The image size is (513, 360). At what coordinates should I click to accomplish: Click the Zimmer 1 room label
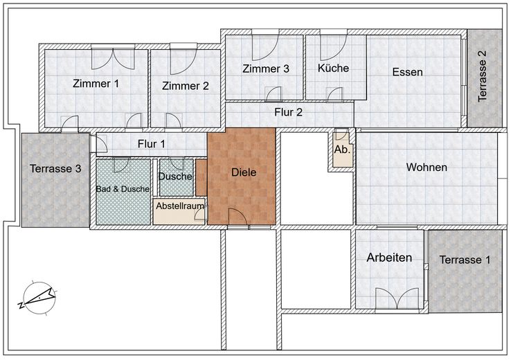click(96, 84)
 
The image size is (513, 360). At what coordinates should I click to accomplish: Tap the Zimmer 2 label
click(186, 87)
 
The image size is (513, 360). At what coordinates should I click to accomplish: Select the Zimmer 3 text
click(266, 69)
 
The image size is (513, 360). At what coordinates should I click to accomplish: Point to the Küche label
click(333, 69)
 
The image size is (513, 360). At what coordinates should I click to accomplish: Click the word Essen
click(407, 72)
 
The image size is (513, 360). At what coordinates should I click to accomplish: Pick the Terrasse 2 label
click(483, 78)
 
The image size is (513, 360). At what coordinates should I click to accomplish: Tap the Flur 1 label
click(152, 145)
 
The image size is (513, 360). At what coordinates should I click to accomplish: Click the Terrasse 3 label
click(55, 168)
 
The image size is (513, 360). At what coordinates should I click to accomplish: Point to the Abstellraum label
click(179, 206)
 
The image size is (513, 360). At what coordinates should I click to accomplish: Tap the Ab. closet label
click(341, 150)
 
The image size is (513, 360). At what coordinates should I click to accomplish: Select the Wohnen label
click(426, 168)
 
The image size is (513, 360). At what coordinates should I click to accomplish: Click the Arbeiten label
click(389, 258)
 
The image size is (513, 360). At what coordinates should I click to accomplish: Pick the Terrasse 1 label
click(464, 260)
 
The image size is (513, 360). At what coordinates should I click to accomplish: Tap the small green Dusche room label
click(175, 177)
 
